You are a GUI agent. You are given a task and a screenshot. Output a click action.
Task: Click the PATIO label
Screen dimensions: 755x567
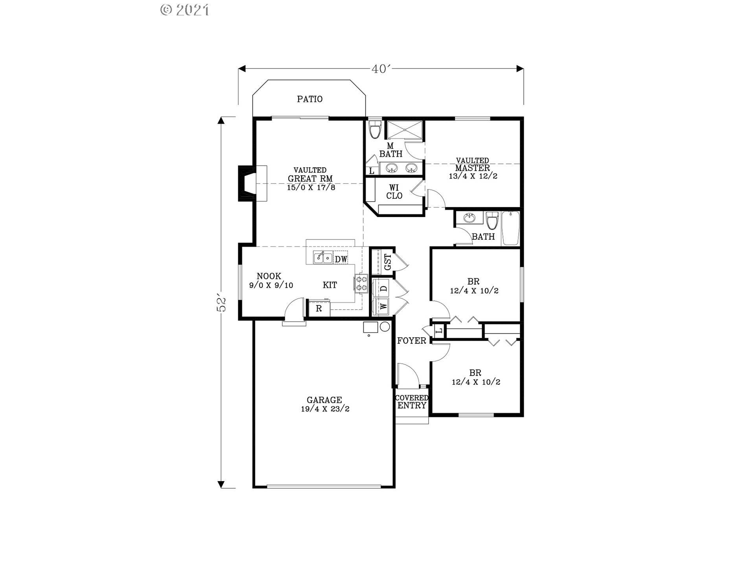[310, 99]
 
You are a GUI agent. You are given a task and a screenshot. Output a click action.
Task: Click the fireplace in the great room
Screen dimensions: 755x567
[252, 183]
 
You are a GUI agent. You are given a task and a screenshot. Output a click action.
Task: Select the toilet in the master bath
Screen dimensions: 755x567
[376, 129]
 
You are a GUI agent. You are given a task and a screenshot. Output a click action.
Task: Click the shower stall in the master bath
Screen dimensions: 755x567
[405, 130]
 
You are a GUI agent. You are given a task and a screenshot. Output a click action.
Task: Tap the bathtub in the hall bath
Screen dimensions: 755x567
[511, 228]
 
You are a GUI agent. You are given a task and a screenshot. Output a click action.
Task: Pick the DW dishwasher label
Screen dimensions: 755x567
[341, 259]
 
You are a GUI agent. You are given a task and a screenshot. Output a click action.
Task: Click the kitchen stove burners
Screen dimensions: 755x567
[361, 283]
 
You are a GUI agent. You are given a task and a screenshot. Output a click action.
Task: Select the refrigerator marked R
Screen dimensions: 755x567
[319, 308]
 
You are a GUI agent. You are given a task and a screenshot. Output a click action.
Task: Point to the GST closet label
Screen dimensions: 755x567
[388, 261]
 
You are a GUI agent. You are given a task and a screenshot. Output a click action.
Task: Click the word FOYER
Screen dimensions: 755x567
[412, 341]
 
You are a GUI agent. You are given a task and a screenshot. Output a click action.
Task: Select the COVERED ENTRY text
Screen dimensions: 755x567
[412, 402]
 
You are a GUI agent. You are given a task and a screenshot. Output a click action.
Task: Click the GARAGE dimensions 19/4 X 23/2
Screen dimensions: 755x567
[325, 409]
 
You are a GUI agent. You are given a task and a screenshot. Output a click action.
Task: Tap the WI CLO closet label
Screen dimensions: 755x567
[394, 192]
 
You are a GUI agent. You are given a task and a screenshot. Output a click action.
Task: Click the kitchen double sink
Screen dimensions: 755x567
[323, 258]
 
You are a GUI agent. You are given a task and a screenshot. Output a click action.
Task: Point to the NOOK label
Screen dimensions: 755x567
[269, 276]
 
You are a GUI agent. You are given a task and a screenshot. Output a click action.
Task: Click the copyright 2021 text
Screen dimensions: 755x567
[185, 10]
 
